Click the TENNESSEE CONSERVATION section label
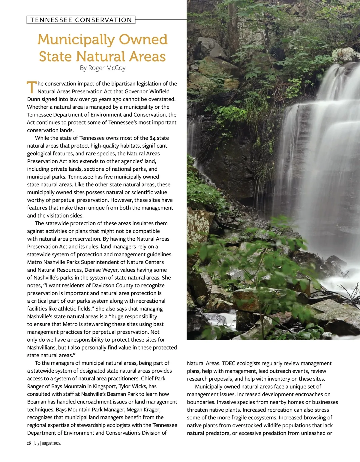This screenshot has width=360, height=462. (81, 20)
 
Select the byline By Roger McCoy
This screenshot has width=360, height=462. (103, 68)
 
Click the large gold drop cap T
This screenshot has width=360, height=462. (31, 87)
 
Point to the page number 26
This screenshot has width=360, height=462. (29, 443)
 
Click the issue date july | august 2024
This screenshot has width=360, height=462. (47, 443)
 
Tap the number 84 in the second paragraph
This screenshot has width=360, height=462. (152, 138)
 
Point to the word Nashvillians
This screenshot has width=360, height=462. (42, 348)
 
